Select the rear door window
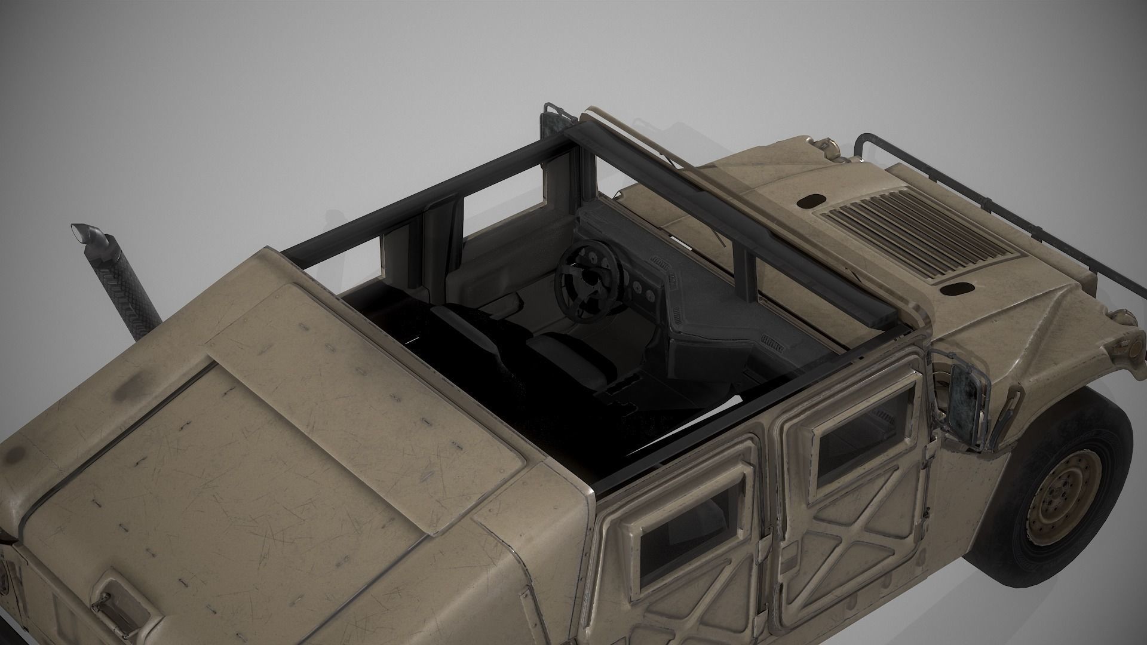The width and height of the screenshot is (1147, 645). pyautogui.click(x=686, y=525)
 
